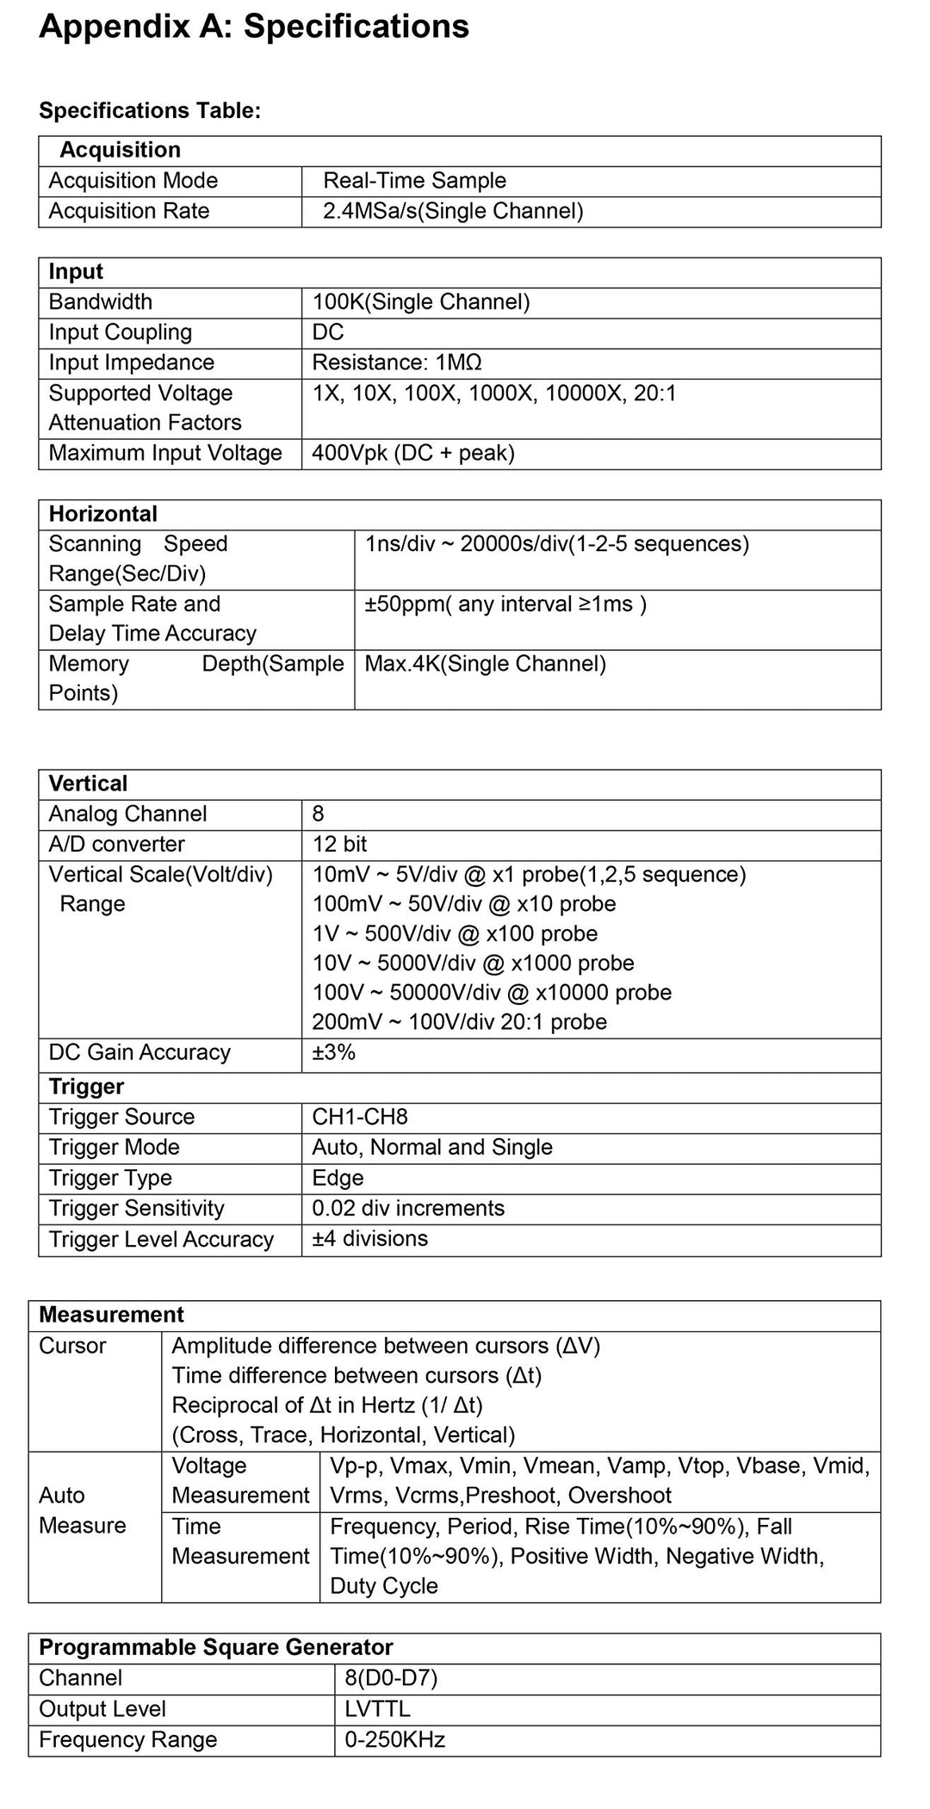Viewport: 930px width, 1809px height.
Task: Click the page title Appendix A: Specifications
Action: [x=254, y=27]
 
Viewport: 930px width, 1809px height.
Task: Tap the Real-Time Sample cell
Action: [x=414, y=181]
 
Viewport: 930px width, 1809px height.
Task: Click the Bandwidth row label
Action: [x=101, y=302]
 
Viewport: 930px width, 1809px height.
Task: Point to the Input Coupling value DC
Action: [x=328, y=332]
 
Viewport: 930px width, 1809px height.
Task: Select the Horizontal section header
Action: [x=103, y=514]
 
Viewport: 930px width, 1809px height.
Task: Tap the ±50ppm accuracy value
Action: [x=505, y=604]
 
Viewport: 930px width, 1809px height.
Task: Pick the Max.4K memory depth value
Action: [x=485, y=664]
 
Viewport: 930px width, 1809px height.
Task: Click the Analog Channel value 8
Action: [x=319, y=814]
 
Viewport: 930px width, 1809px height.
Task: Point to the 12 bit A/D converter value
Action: [x=339, y=844]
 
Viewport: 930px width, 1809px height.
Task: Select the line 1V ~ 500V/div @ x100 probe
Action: [x=455, y=933]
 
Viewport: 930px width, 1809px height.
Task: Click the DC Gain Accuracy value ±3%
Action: [x=334, y=1052]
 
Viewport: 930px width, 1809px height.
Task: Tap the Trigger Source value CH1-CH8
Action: [x=360, y=1117]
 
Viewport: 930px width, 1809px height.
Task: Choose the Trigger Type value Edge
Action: [x=338, y=1178]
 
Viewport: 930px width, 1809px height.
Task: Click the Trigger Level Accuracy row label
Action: [x=161, y=1239]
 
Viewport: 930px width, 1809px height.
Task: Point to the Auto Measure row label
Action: [x=83, y=1510]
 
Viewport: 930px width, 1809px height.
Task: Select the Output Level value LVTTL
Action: [x=377, y=1708]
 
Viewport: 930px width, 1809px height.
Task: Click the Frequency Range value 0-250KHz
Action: [x=394, y=1739]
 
